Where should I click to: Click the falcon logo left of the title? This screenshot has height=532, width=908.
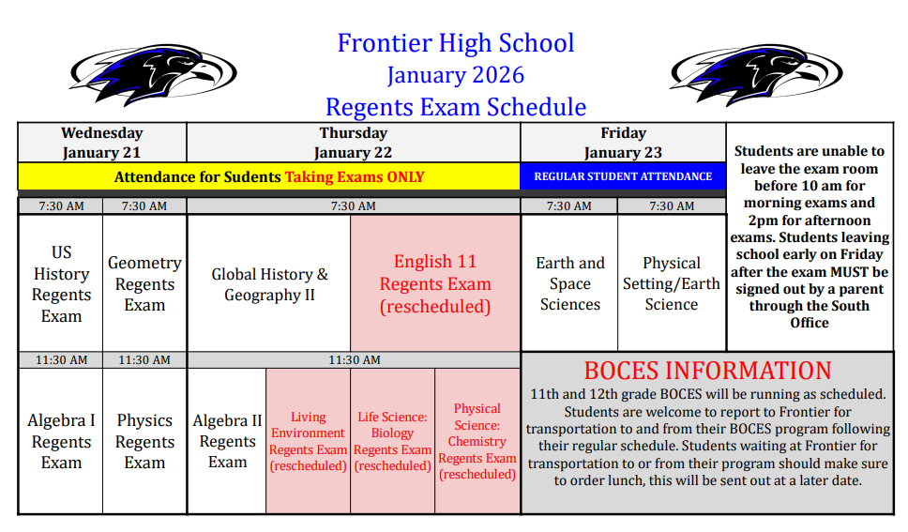click(152, 74)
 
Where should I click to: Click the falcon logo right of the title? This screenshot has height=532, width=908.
click(754, 74)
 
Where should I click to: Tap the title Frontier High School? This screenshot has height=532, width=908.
click(455, 43)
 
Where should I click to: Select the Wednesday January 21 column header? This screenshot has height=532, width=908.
click(102, 143)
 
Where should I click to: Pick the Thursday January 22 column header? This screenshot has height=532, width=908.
click(353, 143)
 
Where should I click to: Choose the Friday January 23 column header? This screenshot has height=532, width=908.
click(623, 143)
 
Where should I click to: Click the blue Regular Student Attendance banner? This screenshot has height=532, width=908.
click(623, 176)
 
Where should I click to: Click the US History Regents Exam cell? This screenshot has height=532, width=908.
click(61, 283)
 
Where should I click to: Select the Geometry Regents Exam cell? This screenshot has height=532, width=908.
click(144, 283)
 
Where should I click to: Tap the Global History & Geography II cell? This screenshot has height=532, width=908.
click(269, 284)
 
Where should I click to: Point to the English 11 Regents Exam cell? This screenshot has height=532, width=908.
click(435, 283)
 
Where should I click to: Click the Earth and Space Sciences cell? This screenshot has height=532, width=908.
click(569, 283)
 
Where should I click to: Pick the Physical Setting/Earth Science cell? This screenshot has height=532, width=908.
click(672, 283)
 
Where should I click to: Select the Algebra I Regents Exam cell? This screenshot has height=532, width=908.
click(61, 441)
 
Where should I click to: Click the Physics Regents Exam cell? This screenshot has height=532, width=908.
click(144, 441)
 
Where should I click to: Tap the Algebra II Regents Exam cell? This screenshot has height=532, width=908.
click(227, 441)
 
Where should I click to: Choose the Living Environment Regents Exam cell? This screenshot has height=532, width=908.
click(308, 441)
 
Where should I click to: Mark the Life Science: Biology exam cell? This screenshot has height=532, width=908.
click(392, 441)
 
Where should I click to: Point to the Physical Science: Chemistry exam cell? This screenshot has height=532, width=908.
click(477, 441)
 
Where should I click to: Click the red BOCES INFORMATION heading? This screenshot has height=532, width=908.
click(707, 371)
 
